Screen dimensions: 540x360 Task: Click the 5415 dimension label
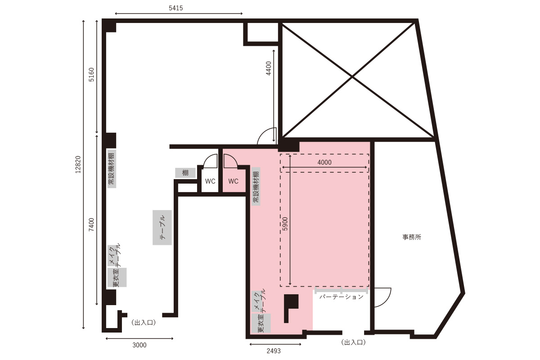tap(176, 8)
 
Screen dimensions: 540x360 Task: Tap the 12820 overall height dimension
tap(78, 164)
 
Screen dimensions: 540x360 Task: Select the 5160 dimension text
tap(92, 75)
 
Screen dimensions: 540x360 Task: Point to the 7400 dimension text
tap(91, 225)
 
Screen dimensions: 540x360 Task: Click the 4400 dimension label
tap(269, 68)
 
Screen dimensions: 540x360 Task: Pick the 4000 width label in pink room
tap(324, 162)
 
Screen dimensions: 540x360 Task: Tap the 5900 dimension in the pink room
tap(285, 224)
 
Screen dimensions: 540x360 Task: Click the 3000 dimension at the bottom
tap(139, 345)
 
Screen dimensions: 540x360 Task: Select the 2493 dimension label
tap(274, 351)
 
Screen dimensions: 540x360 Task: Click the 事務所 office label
tap(412, 237)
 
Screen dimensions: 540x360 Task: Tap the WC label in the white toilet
tap(210, 181)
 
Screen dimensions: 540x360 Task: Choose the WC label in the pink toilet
tap(234, 181)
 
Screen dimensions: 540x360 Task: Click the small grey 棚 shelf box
tap(185, 173)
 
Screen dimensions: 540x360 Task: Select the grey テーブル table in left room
tap(162, 227)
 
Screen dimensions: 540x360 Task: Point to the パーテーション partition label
tap(342, 297)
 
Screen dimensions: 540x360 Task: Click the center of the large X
tap(352, 77)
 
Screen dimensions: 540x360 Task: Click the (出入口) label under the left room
tap(144, 323)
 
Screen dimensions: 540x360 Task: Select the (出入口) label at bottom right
tap(353, 342)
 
